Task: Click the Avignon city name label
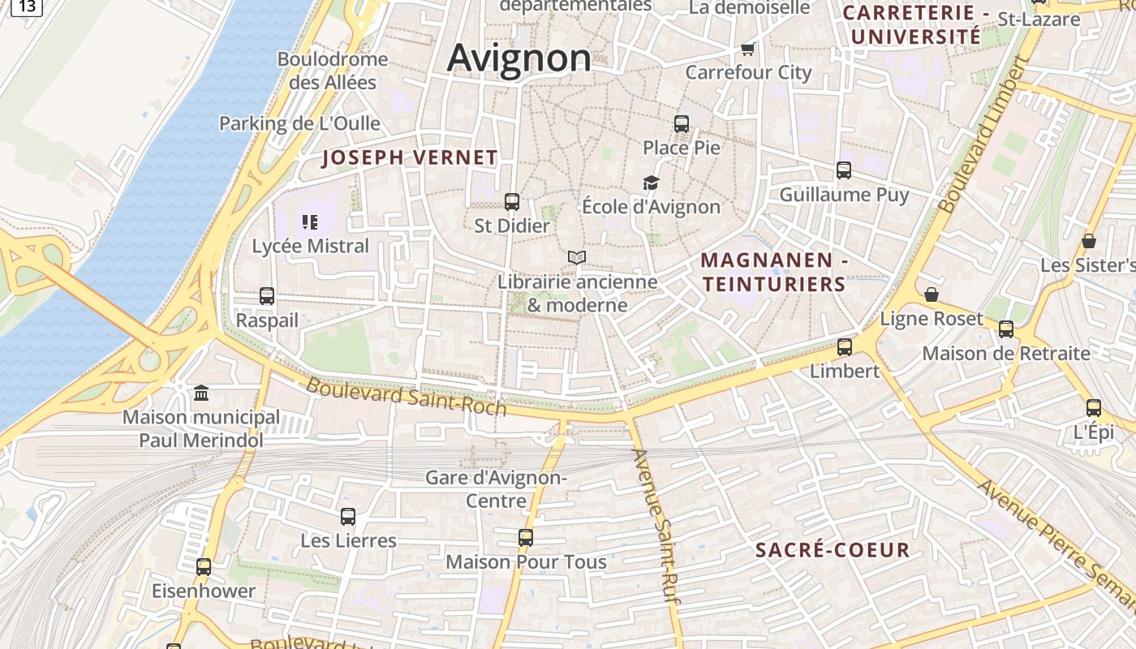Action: [519, 58]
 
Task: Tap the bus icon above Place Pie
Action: [682, 124]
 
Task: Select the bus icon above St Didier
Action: [512, 202]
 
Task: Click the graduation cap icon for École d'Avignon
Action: [651, 183]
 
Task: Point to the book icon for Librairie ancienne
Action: [577, 258]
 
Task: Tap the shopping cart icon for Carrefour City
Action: [747, 49]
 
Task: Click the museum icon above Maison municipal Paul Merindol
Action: [201, 393]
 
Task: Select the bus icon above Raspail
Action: [267, 296]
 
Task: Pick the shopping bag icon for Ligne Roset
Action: [932, 294]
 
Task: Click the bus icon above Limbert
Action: [845, 347]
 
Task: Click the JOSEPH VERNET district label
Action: [410, 157]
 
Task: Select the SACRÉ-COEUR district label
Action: [833, 550]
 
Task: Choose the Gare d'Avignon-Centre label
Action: [496, 488]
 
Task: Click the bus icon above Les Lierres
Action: [348, 516]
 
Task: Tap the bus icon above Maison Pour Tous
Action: [526, 537]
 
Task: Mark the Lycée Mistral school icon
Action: [309, 221]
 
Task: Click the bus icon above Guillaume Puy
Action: [844, 170]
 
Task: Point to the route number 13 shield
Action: [27, 6]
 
